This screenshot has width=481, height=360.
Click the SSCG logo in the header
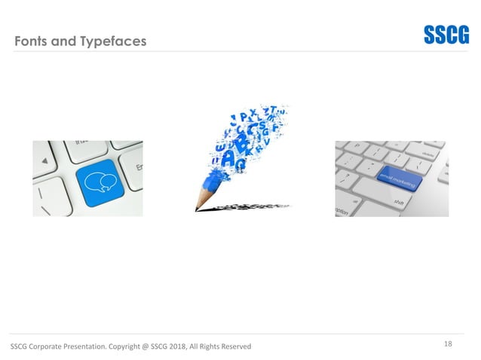pyautogui.click(x=446, y=36)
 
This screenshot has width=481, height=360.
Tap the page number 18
pyautogui.click(x=448, y=344)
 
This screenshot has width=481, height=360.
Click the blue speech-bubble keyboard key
pyautogui.click(x=97, y=183)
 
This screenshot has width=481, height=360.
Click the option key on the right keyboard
pyautogui.click(x=344, y=211)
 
